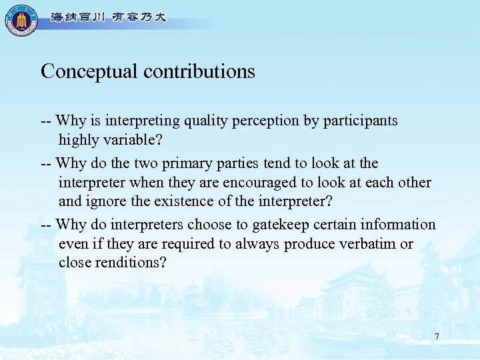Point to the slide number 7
[x=437, y=337]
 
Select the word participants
[x=361, y=121]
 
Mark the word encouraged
[x=279, y=183]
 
